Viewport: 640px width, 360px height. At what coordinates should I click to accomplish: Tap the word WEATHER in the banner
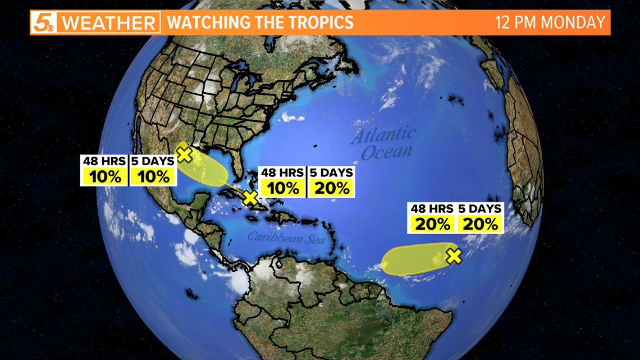(108, 23)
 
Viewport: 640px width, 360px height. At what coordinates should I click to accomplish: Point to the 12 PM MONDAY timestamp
(550, 22)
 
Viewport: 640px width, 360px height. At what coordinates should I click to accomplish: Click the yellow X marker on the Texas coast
(184, 153)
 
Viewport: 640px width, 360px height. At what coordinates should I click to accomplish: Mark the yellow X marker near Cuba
(250, 197)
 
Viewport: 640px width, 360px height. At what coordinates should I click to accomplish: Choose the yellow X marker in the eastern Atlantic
(454, 256)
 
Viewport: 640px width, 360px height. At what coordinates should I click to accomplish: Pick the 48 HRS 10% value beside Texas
(105, 176)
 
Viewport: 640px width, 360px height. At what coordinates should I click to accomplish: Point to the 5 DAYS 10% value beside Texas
(153, 176)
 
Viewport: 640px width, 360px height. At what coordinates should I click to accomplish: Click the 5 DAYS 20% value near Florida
(332, 188)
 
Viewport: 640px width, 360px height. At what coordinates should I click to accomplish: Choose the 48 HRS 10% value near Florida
(283, 188)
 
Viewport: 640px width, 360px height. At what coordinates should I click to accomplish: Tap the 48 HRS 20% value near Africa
(432, 224)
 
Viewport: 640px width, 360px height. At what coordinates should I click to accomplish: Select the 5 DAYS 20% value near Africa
(481, 224)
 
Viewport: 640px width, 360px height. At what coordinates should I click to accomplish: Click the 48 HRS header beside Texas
(105, 161)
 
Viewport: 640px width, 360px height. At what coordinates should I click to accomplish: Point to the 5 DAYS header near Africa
(480, 208)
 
